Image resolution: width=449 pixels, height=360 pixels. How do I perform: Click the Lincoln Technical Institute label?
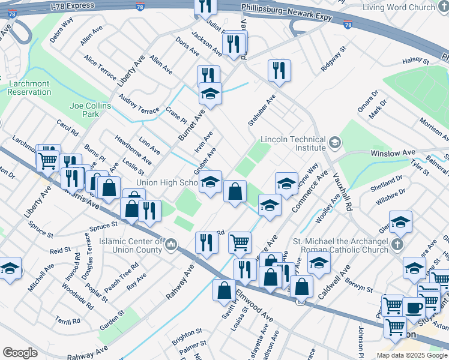click(x=292, y=143)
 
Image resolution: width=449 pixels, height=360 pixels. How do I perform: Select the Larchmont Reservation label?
click(x=29, y=88)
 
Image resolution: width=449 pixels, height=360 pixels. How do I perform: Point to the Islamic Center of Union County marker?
click(x=171, y=244)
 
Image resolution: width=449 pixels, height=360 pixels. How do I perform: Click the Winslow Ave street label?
click(x=393, y=153)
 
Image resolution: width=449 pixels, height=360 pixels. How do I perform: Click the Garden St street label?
click(x=112, y=313)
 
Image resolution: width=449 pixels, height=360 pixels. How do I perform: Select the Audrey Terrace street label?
click(x=139, y=103)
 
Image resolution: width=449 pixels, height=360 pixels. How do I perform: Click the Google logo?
click(x=20, y=353)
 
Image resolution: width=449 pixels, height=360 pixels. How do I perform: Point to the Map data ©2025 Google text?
click(x=411, y=355)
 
